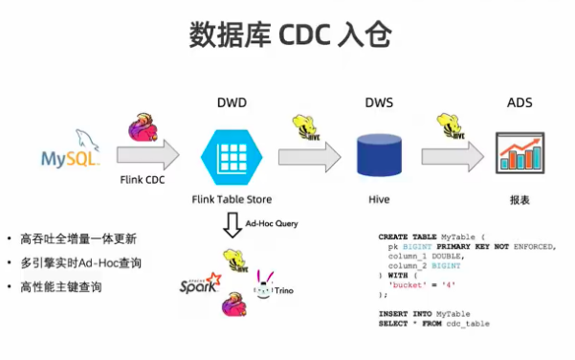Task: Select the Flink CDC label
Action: point(144,179)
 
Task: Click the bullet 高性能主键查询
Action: point(61,286)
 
